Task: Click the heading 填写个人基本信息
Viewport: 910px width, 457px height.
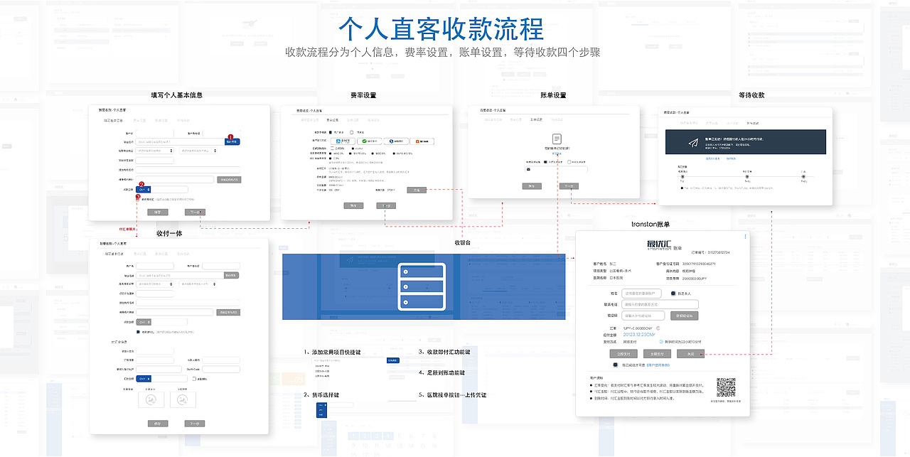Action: (176, 95)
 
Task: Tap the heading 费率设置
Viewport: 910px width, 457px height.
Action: (363, 95)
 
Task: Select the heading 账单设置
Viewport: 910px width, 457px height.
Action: (553, 95)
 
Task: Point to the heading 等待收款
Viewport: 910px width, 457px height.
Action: (751, 95)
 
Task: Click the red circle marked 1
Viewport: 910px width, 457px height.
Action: (230, 136)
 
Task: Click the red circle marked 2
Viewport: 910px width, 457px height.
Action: (141, 184)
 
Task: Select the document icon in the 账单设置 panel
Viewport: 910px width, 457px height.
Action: (557, 139)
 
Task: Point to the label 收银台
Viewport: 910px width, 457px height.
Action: (463, 242)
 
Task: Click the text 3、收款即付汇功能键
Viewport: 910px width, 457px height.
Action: (444, 352)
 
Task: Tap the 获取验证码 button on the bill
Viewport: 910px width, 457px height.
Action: (685, 316)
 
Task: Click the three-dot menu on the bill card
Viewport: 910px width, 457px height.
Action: (745, 237)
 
